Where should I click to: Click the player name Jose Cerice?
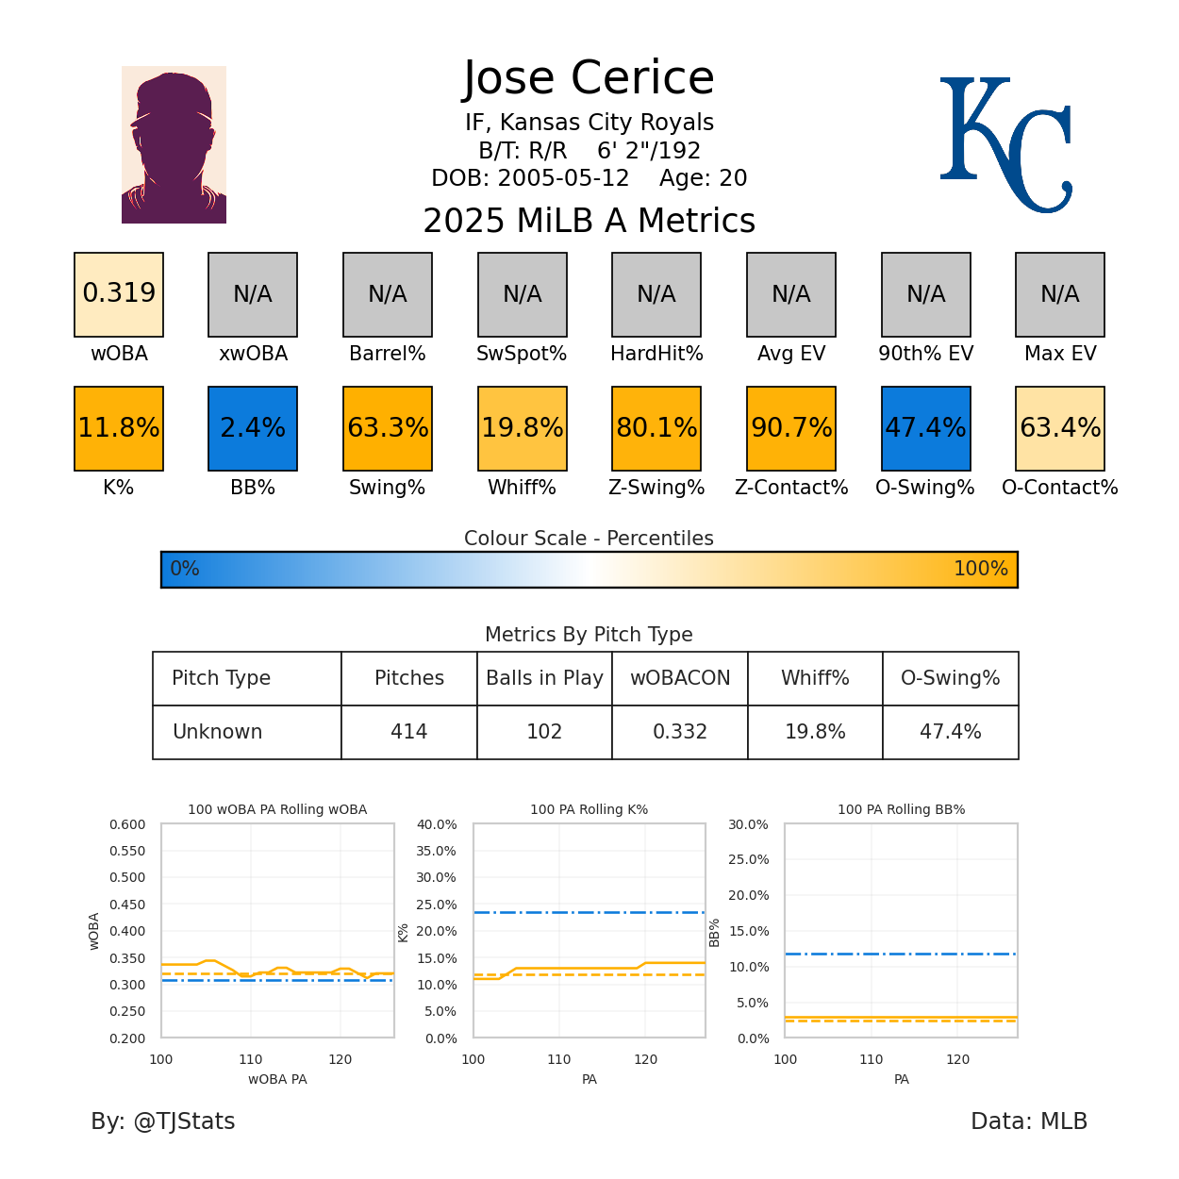click(589, 78)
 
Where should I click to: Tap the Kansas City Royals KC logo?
click(1005, 144)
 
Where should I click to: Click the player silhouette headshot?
click(174, 144)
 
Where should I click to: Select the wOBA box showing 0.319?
click(119, 294)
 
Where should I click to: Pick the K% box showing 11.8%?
click(119, 428)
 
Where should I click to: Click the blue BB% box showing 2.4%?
click(253, 428)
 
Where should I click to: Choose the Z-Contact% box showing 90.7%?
click(791, 428)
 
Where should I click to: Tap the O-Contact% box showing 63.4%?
click(1060, 428)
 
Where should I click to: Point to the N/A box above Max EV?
click(1060, 294)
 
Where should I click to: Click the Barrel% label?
click(388, 354)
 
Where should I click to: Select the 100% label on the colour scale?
click(980, 569)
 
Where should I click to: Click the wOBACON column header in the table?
click(680, 678)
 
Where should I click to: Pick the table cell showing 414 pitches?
click(409, 732)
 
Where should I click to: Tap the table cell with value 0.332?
click(680, 732)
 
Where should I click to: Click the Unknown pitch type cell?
click(218, 732)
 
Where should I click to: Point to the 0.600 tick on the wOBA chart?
click(127, 824)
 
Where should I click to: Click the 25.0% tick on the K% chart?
click(437, 905)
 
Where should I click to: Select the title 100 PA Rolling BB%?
click(901, 809)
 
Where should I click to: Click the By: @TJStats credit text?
click(163, 1121)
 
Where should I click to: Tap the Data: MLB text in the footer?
click(1029, 1121)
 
